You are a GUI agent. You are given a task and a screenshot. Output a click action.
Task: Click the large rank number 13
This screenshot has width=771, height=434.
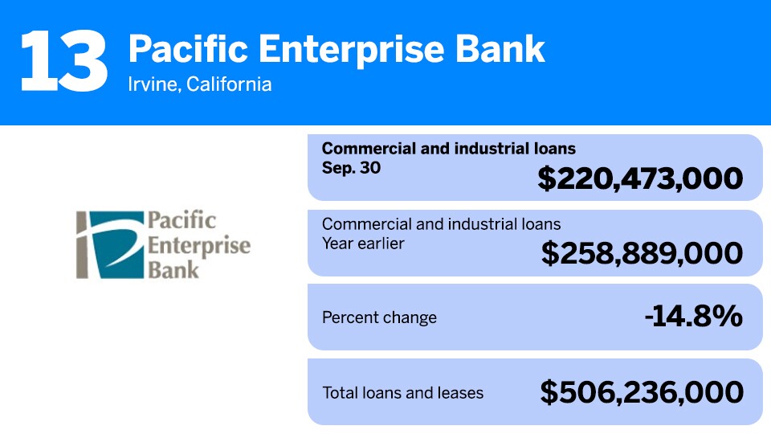[x=64, y=60]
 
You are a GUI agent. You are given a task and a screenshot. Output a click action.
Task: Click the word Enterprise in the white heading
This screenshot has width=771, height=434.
[x=352, y=50]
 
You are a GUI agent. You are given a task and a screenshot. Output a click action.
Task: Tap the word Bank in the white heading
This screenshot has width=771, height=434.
[x=500, y=49]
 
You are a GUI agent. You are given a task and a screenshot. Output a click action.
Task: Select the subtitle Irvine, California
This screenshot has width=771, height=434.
[x=200, y=84]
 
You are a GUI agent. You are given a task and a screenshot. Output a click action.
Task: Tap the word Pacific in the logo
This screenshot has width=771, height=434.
[x=182, y=220]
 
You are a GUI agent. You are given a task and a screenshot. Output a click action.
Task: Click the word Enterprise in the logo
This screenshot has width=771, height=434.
[x=199, y=246]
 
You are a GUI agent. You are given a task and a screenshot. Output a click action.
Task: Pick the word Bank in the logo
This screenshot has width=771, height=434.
[x=173, y=270]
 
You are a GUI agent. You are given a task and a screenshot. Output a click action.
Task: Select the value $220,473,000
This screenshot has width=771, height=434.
[x=640, y=178]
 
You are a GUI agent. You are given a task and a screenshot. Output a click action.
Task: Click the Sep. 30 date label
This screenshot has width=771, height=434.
[x=351, y=168]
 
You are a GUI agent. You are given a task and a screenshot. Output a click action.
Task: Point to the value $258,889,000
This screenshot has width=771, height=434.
[x=642, y=253]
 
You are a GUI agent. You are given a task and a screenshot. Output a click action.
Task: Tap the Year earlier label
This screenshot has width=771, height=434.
[x=363, y=244]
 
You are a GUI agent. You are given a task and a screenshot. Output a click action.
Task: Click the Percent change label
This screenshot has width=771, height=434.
[x=379, y=318]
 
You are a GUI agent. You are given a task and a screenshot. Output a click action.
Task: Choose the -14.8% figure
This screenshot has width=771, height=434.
[x=693, y=316]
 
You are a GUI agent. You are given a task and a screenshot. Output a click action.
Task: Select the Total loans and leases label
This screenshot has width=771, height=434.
[x=402, y=393]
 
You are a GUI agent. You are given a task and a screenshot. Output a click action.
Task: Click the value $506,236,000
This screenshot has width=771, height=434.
[x=642, y=393]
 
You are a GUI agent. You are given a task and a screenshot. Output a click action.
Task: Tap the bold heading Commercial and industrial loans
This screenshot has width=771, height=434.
[x=448, y=149]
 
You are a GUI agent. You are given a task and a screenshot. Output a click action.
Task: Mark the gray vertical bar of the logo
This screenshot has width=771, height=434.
[x=82, y=245]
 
